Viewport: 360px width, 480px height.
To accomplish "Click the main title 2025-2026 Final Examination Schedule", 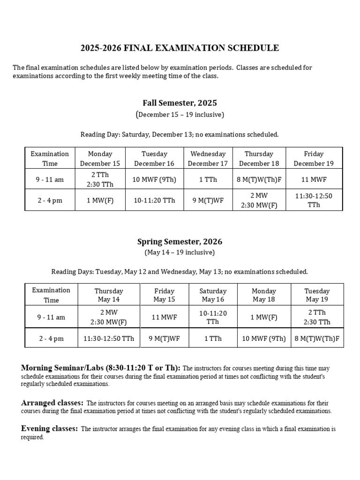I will (x=180, y=48).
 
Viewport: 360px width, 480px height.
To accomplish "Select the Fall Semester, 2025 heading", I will (x=180, y=103).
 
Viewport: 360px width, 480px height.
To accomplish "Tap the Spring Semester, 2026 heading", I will (x=180, y=242).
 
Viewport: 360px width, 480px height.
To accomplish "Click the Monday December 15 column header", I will (x=100, y=158).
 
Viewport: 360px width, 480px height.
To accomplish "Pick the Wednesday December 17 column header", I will (x=208, y=158).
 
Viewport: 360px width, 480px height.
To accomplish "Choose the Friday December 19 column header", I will (x=314, y=158).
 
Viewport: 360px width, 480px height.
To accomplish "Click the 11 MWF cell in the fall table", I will (x=314, y=179).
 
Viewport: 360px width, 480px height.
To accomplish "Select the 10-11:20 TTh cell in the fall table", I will (x=154, y=200).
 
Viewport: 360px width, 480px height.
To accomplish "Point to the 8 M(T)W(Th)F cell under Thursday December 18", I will (x=259, y=179).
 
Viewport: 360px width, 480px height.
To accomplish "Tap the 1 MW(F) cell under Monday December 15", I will (x=100, y=200).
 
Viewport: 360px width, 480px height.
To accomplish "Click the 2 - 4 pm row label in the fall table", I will (x=50, y=200).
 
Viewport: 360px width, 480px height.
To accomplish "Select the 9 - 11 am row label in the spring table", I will (x=51, y=317).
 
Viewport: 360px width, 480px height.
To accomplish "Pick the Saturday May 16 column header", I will (x=212, y=295).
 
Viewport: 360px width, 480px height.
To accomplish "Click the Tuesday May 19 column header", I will (x=317, y=295).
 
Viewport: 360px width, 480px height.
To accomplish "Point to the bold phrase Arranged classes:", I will (x=52, y=403).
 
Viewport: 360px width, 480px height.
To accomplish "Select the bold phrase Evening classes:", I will (x=50, y=428).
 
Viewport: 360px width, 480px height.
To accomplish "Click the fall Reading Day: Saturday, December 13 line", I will (x=180, y=135).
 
